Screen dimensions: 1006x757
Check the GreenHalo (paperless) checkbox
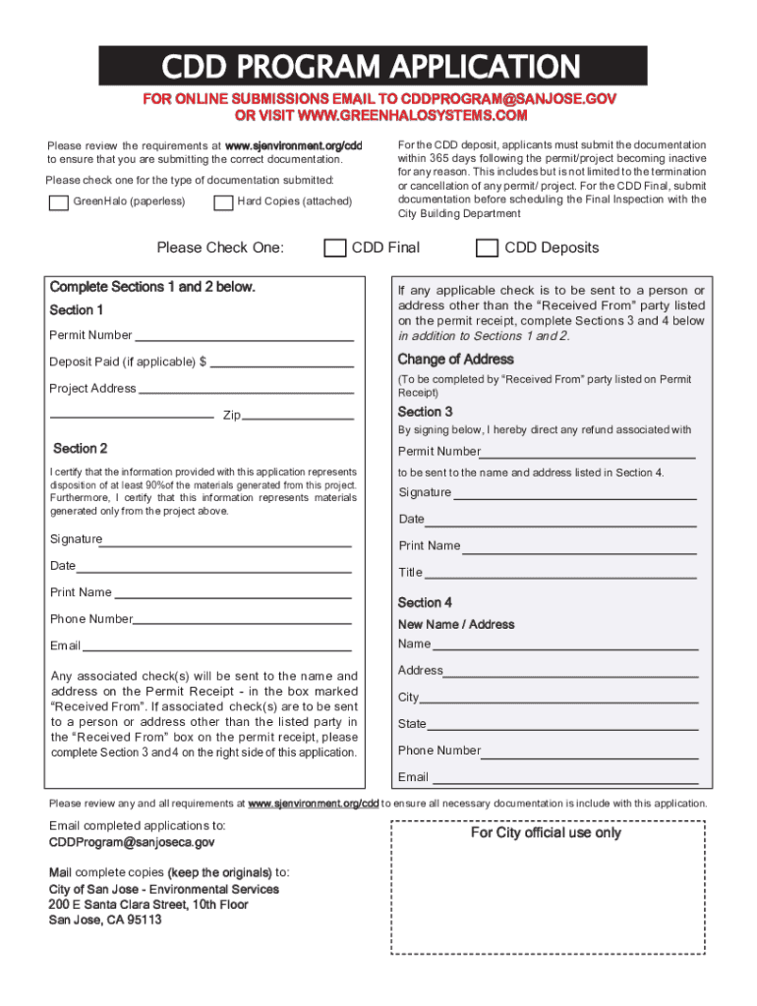pyautogui.click(x=58, y=202)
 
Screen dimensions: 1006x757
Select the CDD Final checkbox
pyautogui.click(x=335, y=248)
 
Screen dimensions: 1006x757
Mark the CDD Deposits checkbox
pyautogui.click(x=487, y=248)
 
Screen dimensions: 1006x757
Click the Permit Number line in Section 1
pyautogui.click(x=244, y=335)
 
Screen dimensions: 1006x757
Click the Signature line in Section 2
pyautogui.click(x=227, y=539)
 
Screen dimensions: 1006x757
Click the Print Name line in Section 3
pyautogui.click(x=579, y=546)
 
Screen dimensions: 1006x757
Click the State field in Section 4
pyautogui.click(x=562, y=724)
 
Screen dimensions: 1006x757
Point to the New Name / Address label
pyautogui.click(x=455, y=624)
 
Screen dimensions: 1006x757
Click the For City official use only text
pyautogui.click(x=545, y=832)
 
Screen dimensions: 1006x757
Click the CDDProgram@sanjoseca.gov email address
pyautogui.click(x=132, y=843)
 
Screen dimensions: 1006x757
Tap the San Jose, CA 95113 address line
pyautogui.click(x=105, y=920)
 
